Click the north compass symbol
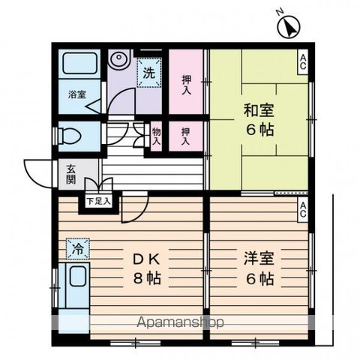288,28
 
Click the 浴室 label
77,95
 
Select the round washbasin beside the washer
118,60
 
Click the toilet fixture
68,136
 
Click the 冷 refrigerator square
77,246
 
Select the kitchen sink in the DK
76,285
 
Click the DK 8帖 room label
147,267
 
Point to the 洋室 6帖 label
257,268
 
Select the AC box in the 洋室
302,211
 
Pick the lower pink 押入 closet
185,136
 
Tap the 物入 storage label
157,136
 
